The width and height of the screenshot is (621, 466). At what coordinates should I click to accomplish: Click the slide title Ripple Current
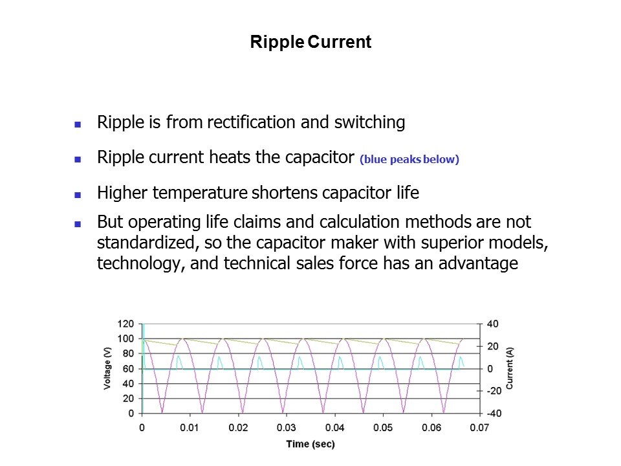[x=311, y=42]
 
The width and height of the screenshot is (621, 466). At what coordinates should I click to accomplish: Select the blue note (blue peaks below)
[x=409, y=159]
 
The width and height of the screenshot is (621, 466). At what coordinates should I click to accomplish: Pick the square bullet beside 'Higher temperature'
[x=78, y=195]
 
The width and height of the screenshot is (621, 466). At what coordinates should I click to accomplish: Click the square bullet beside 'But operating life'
[x=78, y=225]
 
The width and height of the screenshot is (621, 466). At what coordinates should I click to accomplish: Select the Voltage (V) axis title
[x=107, y=368]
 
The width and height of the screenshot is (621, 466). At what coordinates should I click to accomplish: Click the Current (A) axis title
[x=509, y=368]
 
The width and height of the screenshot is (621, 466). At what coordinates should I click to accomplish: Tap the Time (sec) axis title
[x=310, y=444]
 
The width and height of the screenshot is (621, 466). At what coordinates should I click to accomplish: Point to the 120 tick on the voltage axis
[x=125, y=324]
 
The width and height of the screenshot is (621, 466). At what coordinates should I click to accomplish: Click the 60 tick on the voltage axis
[x=128, y=368]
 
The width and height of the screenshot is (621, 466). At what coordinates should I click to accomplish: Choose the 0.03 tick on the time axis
[x=287, y=428]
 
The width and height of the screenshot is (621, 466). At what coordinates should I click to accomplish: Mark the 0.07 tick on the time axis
[x=479, y=428]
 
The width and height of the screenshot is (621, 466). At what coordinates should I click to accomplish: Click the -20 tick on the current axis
[x=494, y=391]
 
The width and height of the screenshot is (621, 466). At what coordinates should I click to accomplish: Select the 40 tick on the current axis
[x=493, y=324]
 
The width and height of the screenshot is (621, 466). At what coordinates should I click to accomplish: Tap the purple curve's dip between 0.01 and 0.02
[x=202, y=412]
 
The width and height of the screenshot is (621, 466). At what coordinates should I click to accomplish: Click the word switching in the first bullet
[x=369, y=123]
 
